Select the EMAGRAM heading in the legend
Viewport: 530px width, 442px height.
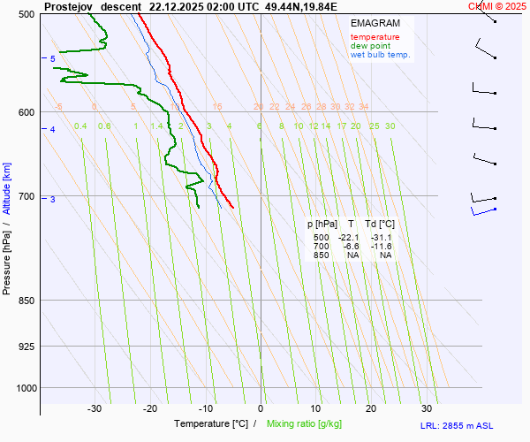[x=375, y=23]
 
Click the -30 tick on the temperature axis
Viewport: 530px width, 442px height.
[x=95, y=408]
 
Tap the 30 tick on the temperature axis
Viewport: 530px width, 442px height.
[x=427, y=408]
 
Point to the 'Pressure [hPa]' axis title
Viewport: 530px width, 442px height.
[x=7, y=256]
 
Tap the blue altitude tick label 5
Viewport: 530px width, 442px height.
[x=52, y=59]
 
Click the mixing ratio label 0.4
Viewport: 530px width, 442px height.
[x=80, y=126]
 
